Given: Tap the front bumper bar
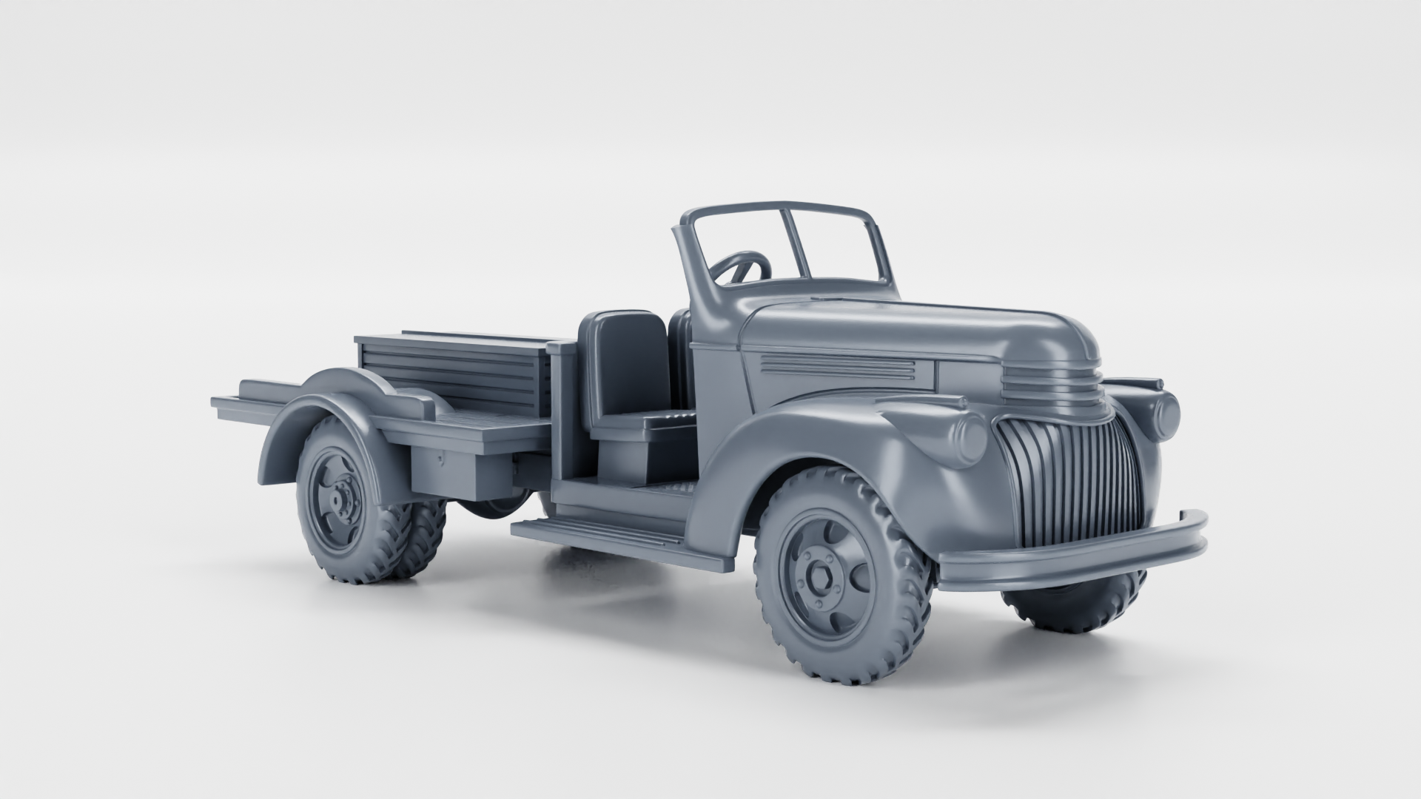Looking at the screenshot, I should pyautogui.click(x=1073, y=551).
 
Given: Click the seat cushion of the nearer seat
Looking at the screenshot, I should pyautogui.click(x=651, y=424).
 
